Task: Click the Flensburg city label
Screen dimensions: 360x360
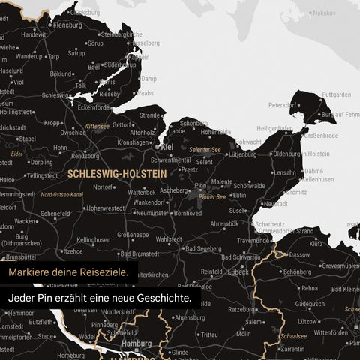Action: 67,24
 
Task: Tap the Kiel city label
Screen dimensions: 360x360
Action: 167,148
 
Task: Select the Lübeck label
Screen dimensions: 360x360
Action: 240,271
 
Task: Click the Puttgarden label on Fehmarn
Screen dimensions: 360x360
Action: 336,94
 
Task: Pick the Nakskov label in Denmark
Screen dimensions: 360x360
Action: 324,13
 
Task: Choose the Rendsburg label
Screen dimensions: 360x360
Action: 85,156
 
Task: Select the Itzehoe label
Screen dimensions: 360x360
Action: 72,250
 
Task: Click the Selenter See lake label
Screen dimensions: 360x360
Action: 204,150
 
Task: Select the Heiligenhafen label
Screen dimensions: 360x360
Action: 274,128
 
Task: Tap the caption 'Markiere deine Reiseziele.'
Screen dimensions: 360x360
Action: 68,271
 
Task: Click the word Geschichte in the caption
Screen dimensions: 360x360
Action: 163,298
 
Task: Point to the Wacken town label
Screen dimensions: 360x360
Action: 25,221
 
